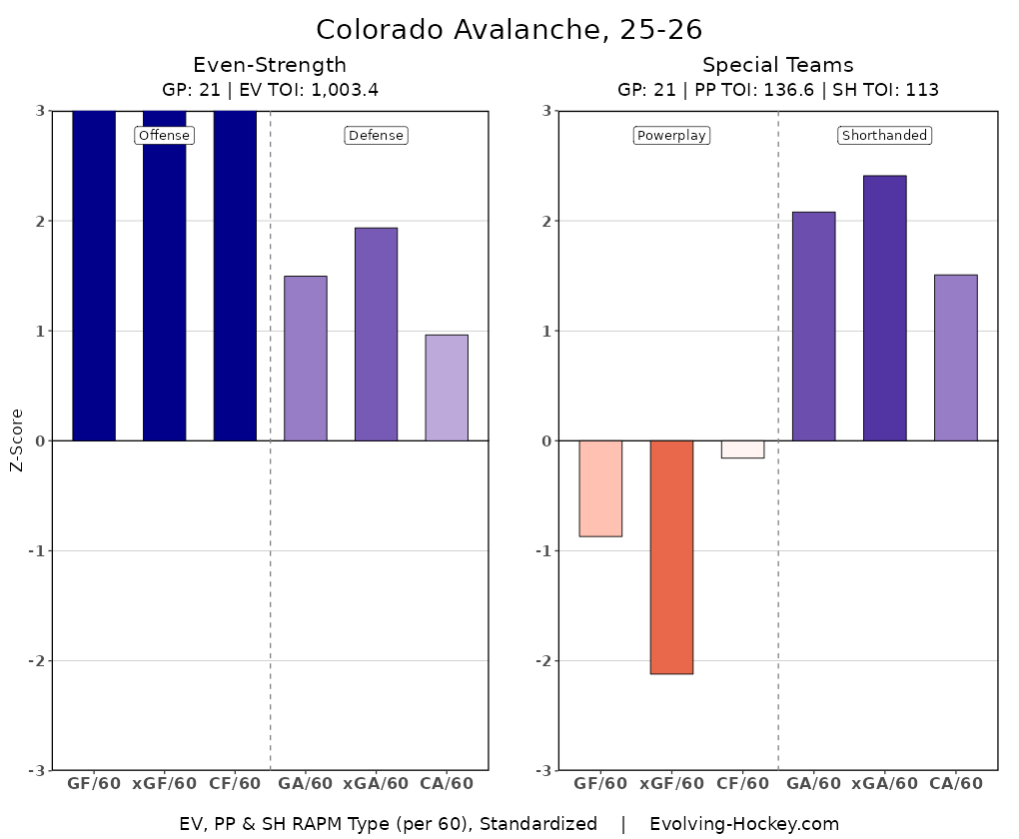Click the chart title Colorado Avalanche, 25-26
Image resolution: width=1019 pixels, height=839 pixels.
[x=509, y=28]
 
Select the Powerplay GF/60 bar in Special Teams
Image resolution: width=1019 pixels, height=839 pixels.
[x=600, y=488]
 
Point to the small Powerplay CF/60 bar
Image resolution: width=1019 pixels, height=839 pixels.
[x=742, y=449]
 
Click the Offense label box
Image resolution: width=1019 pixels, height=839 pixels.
[x=164, y=136]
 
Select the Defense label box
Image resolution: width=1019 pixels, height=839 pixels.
[x=376, y=136]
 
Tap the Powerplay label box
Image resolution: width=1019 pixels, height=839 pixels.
[x=671, y=136]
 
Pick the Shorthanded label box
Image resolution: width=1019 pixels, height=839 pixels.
[x=884, y=136]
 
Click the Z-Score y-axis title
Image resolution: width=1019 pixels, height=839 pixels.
[x=16, y=440]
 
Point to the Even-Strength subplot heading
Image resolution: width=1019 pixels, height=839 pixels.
[x=270, y=66]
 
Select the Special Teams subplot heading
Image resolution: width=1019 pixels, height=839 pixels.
[x=777, y=66]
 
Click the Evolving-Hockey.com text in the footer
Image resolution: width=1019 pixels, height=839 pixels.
[x=744, y=824]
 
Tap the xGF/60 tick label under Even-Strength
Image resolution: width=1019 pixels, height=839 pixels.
[x=165, y=784]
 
